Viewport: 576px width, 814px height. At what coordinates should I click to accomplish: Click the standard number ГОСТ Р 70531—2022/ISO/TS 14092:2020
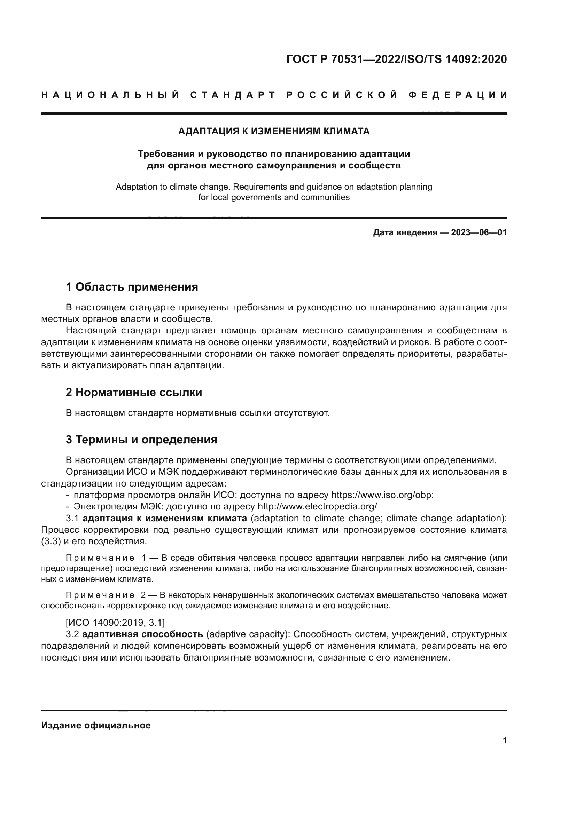396,59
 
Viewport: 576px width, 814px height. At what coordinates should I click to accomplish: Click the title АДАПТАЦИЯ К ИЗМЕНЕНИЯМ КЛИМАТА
274,132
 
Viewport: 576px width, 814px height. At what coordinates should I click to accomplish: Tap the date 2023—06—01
478,232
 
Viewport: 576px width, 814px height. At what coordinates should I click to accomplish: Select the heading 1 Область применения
132,286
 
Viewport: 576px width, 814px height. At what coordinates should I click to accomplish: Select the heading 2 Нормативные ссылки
134,392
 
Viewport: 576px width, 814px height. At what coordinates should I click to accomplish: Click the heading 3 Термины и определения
141,440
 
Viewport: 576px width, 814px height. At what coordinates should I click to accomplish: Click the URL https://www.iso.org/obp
382,495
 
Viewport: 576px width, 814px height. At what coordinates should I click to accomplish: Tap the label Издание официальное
96,725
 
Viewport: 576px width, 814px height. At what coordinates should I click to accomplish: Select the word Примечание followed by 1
100,558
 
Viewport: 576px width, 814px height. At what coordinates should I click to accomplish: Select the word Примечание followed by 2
100,595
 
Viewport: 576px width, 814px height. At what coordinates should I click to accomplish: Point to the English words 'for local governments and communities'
274,197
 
